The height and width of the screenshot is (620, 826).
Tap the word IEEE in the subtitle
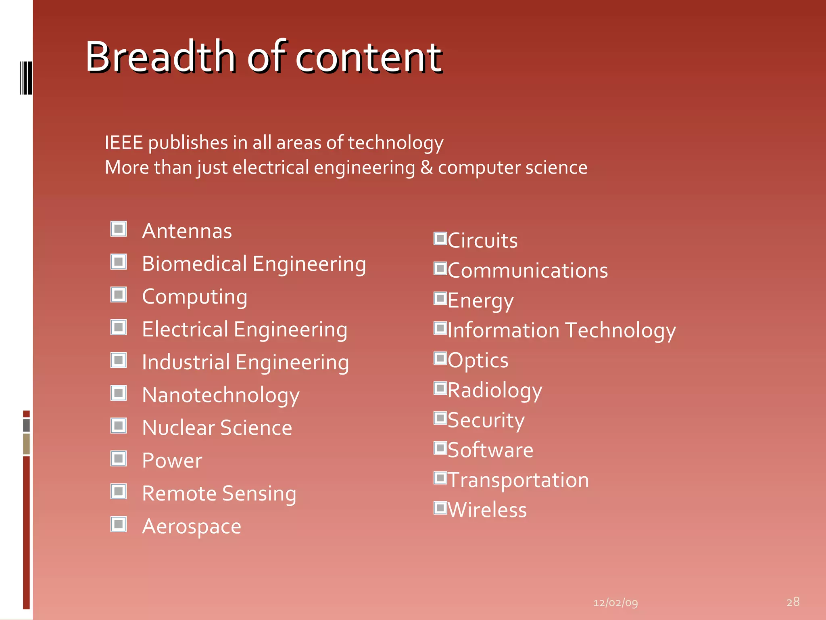(x=123, y=143)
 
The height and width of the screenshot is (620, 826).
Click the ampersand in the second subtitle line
(x=427, y=167)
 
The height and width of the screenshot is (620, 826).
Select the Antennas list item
(x=187, y=231)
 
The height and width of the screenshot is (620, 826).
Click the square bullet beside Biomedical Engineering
(x=119, y=262)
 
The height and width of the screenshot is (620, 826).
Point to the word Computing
(x=194, y=297)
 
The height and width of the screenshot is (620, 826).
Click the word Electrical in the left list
(x=185, y=329)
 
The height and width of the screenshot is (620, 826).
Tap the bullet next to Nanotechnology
(x=119, y=393)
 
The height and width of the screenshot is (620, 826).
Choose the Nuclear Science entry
(x=217, y=428)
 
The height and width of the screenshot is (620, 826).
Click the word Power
(x=172, y=461)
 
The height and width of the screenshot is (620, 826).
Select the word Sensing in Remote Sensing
(x=259, y=494)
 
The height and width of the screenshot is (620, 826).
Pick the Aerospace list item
(x=192, y=527)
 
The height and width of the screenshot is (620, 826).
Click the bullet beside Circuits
(x=440, y=239)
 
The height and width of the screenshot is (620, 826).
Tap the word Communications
(x=528, y=271)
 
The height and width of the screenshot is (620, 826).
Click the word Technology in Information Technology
(x=620, y=331)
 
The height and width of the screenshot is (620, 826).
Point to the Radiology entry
(x=494, y=390)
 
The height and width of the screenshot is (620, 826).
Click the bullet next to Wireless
(x=440, y=508)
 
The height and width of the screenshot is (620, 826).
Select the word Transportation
(x=518, y=480)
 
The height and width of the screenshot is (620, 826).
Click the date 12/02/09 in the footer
(x=615, y=603)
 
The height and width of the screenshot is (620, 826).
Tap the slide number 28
(x=793, y=602)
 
